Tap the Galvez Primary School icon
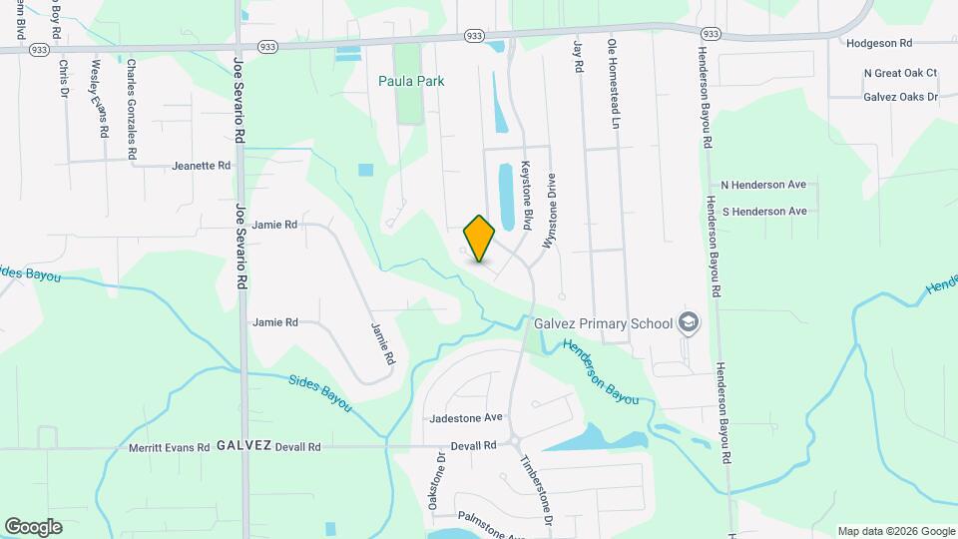point(688,321)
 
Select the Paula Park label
point(411,81)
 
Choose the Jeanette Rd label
point(201,166)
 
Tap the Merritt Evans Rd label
point(169,448)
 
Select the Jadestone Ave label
point(465,417)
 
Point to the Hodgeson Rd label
point(878,44)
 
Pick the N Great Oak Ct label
point(900,73)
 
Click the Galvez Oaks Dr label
point(900,97)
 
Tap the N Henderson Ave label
point(764,186)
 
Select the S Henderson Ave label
point(764,212)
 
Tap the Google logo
point(33,527)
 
